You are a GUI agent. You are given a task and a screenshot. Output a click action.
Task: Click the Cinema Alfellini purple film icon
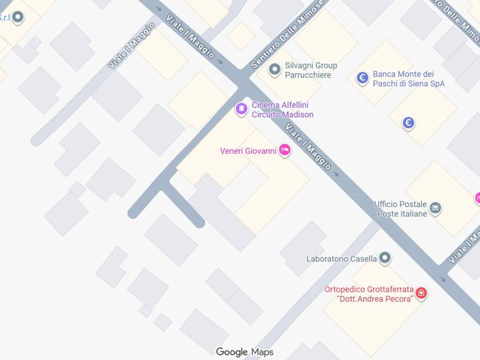(x=241, y=109)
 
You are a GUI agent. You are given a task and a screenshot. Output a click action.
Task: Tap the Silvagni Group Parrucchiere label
(x=311, y=70)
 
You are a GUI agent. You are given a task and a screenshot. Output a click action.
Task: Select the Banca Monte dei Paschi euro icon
(x=362, y=78)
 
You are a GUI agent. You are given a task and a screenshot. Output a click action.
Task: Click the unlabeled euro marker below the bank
(x=409, y=123)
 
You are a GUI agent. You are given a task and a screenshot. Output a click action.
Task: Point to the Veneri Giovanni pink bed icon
(x=285, y=150)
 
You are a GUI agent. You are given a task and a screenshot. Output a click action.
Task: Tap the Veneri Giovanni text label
(x=248, y=151)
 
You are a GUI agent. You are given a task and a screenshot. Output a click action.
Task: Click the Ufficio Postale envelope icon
(x=435, y=208)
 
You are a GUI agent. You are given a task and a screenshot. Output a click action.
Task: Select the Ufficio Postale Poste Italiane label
(x=401, y=209)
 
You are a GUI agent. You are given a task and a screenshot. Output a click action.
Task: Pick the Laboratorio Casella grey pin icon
(x=385, y=257)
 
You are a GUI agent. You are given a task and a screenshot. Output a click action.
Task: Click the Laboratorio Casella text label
(x=341, y=259)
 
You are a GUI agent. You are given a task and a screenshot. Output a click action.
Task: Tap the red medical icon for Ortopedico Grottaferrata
(x=421, y=293)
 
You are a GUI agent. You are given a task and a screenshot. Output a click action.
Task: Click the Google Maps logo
(x=244, y=352)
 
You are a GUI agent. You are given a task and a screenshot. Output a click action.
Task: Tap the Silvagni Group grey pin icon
(x=274, y=70)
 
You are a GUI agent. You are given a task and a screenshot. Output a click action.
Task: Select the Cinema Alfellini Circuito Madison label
(x=282, y=110)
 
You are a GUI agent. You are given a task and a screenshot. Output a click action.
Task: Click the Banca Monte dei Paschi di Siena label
(x=408, y=79)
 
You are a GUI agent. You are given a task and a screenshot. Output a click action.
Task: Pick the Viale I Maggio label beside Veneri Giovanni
(x=308, y=146)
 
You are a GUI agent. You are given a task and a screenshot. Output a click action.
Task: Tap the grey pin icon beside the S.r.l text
(x=18, y=18)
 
